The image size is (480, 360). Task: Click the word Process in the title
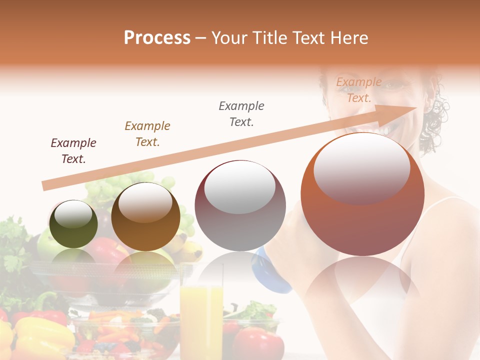[x=157, y=38]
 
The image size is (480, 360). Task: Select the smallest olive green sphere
[x=73, y=224]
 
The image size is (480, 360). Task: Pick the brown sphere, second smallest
[x=145, y=216]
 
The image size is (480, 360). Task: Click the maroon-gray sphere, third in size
[x=240, y=205]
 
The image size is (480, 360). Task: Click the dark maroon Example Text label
[x=73, y=151]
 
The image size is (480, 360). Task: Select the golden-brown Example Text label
[x=147, y=134]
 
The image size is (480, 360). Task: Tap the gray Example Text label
[x=241, y=114]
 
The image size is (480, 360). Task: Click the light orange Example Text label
[x=359, y=90]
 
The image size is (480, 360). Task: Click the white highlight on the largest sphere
[x=361, y=167]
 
